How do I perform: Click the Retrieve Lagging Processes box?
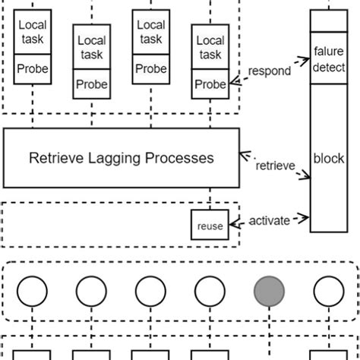coord(122,158)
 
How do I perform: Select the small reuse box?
coord(209,226)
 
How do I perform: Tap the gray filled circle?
coord(269,291)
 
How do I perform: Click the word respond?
coord(270,71)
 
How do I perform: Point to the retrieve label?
coord(275,166)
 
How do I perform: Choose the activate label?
coord(270,221)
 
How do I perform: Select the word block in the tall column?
coord(329,159)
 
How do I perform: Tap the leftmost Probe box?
coord(33,69)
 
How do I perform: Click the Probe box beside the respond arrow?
coord(210,84)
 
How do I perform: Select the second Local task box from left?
coord(92,46)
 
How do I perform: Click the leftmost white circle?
coord(33,291)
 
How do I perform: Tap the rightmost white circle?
coord(328,291)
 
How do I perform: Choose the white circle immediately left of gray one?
coord(210,291)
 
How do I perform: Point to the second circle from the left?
coord(92,291)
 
